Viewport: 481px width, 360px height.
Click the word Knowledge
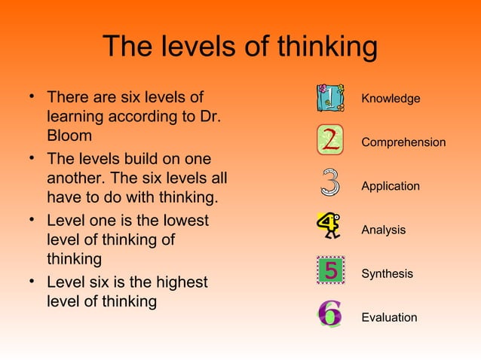[391, 99]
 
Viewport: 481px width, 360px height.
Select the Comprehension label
[403, 142]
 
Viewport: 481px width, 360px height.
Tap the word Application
[391, 186]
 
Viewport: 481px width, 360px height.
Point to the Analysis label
[383, 230]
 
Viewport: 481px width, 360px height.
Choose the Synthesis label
[387, 273]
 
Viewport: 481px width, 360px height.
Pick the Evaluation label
[389, 317]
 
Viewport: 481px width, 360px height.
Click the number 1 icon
[329, 98]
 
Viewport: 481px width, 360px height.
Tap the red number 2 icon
[329, 139]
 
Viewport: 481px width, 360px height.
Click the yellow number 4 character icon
[329, 225]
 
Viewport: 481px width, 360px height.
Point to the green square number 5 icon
[329, 269]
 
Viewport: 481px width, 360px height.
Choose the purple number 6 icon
[329, 314]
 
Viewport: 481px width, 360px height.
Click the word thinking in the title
[327, 47]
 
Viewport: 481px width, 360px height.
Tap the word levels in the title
[201, 47]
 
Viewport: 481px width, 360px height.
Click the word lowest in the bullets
[180, 221]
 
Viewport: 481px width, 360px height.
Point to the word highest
[179, 283]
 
